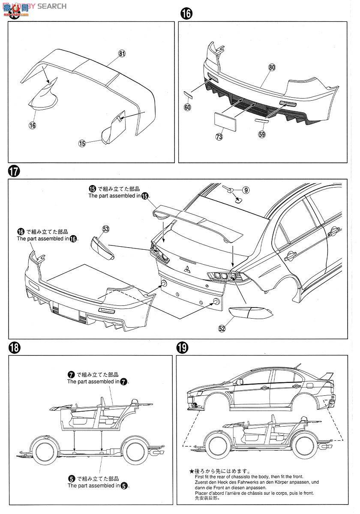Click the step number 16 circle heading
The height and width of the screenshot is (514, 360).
[186, 14]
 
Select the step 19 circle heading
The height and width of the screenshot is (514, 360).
[182, 347]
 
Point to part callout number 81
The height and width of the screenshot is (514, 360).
[122, 54]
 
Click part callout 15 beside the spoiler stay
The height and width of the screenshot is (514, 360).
[82, 143]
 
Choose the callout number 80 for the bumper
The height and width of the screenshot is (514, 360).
[272, 67]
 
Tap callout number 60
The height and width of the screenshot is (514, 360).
[187, 107]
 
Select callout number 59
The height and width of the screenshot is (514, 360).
[262, 134]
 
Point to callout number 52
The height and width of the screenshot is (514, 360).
[222, 328]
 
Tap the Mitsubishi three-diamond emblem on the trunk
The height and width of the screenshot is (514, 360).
[188, 269]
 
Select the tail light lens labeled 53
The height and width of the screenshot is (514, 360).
[102, 248]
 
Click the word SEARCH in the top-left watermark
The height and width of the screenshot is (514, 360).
[52, 6]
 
